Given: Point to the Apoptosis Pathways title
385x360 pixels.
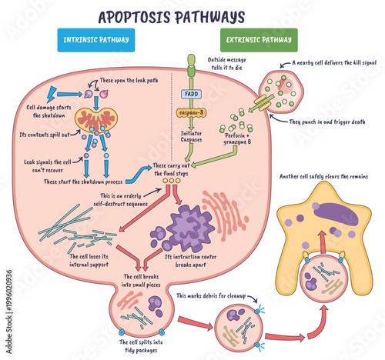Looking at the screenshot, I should (171, 15).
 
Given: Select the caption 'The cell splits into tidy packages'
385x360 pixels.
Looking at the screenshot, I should (139, 345).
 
